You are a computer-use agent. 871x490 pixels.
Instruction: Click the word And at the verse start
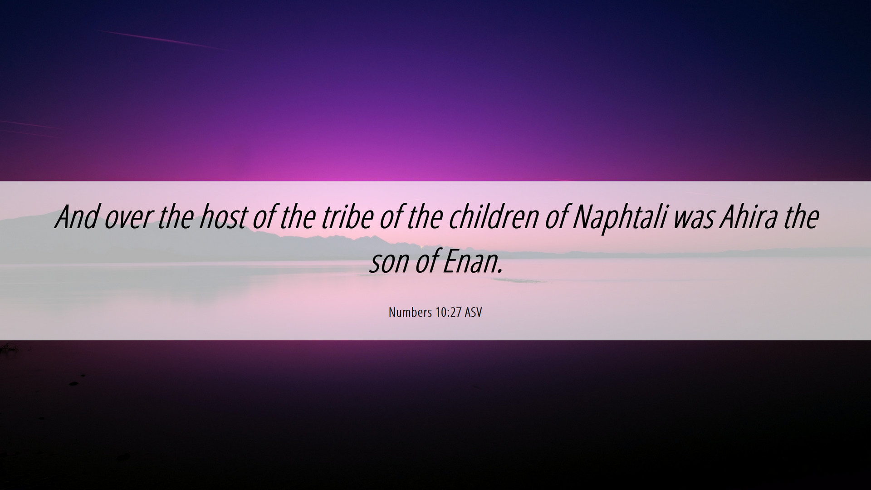click(77, 217)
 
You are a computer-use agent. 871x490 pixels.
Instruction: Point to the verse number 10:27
click(448, 312)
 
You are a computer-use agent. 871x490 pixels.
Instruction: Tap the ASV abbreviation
click(473, 312)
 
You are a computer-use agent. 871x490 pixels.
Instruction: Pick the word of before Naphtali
click(556, 217)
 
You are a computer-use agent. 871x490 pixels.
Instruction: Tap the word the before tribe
click(298, 217)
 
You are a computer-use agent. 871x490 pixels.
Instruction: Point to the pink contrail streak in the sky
click(161, 39)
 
